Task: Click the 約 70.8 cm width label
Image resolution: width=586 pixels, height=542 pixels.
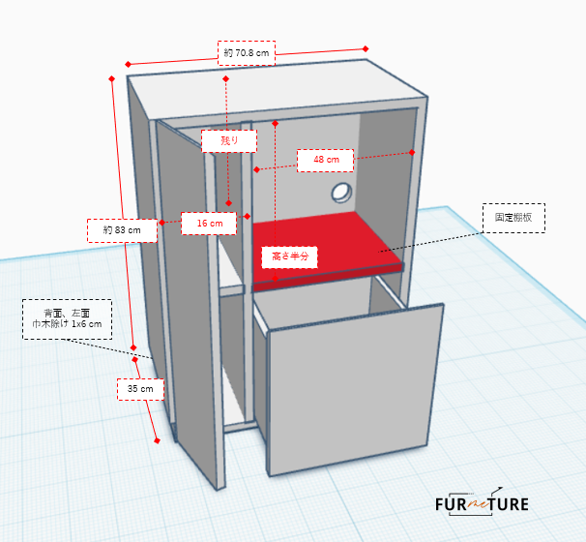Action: point(247,53)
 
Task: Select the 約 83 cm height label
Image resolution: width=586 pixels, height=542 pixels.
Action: point(122,230)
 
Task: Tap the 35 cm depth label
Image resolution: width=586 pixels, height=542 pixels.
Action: point(140,389)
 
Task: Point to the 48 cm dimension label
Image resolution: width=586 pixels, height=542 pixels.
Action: point(326,160)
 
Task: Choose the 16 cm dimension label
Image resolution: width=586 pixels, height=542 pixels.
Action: point(209,224)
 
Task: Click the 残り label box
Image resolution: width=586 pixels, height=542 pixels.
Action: point(229,141)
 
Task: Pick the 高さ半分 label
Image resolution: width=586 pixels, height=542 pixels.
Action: point(290,257)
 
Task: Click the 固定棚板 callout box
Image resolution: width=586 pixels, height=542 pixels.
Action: point(513,218)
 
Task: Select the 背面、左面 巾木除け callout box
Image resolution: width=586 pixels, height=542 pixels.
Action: point(68,319)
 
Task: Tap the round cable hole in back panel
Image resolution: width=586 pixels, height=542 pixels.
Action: point(341,193)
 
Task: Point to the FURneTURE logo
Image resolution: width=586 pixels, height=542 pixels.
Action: point(482,503)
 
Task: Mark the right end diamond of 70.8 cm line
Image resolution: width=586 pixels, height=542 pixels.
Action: point(366,48)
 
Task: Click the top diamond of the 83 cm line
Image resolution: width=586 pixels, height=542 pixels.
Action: point(112,78)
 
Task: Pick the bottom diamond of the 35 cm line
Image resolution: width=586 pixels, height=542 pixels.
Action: point(157,440)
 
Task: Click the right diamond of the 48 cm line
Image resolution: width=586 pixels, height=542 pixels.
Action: point(412,152)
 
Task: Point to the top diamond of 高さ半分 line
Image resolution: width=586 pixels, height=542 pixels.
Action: point(275,124)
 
